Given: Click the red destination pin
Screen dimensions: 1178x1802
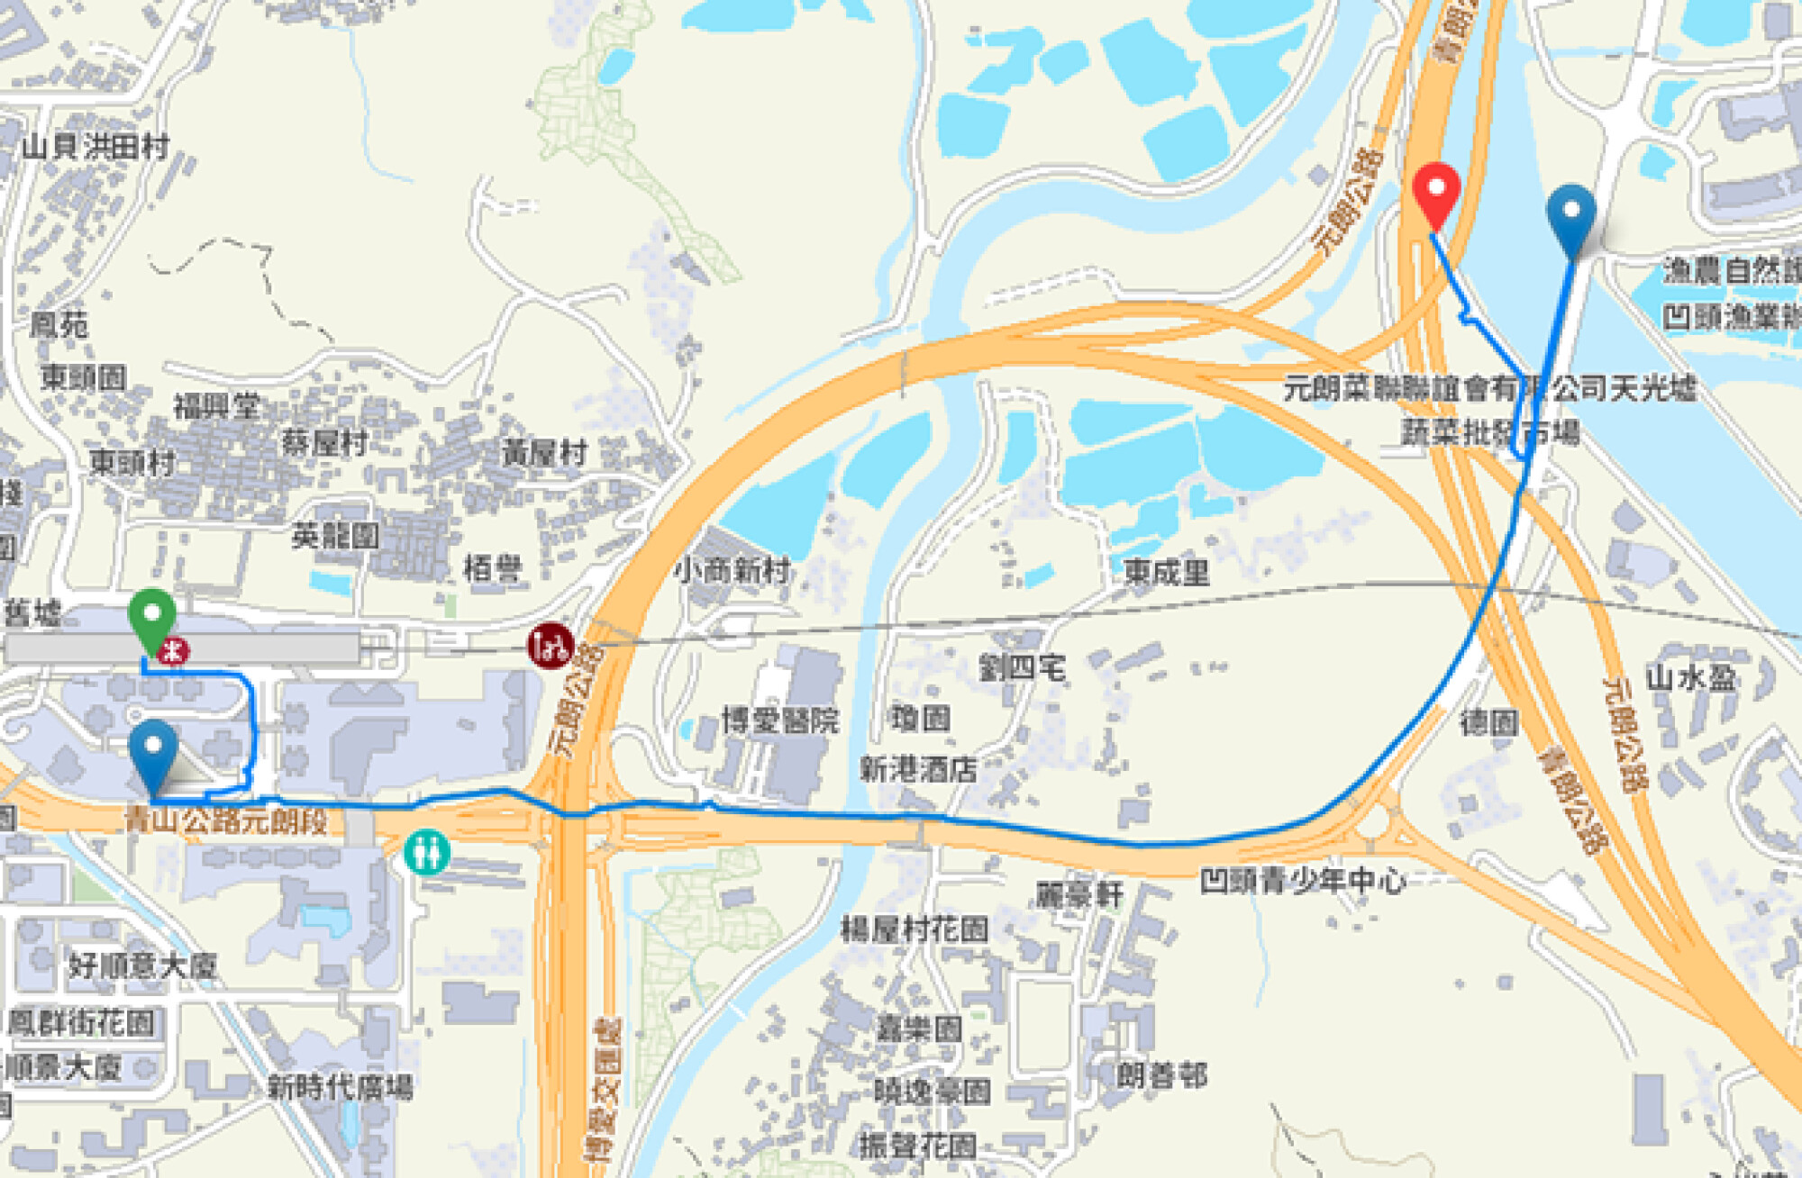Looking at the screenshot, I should point(1435,191).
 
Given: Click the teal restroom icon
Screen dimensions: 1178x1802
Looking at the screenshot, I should point(426,851).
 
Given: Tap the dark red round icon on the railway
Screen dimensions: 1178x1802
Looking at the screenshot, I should point(551,645).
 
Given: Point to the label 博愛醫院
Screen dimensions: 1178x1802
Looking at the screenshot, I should point(779,720).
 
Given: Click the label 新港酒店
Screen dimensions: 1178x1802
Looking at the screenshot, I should point(918,769).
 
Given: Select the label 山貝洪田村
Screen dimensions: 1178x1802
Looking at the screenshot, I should point(96,146).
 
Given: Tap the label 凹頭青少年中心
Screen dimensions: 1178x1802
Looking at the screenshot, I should point(1303,880).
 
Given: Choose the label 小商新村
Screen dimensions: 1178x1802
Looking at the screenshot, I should point(732,569).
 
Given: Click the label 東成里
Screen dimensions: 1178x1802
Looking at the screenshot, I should point(1166,572).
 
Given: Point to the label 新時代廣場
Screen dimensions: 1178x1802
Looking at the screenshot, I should point(340,1087).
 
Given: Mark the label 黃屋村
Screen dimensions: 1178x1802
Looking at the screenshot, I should point(544,452).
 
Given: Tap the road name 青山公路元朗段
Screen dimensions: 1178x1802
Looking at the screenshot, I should point(225,820).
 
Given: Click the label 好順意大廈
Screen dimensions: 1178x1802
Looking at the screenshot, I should point(142,965).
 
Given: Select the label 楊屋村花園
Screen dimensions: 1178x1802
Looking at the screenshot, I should point(915,929).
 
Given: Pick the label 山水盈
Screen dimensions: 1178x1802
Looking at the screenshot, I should point(1690,677).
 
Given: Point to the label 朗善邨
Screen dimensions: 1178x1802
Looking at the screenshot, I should point(1161,1074).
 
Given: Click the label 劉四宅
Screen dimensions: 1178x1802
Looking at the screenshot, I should point(1022,667).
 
